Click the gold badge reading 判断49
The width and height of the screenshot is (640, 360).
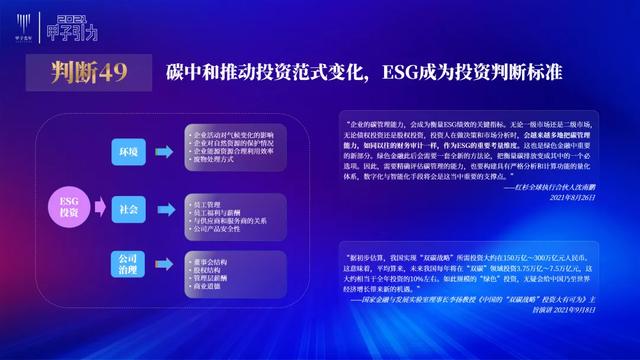pyautogui.click(x=90, y=72)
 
